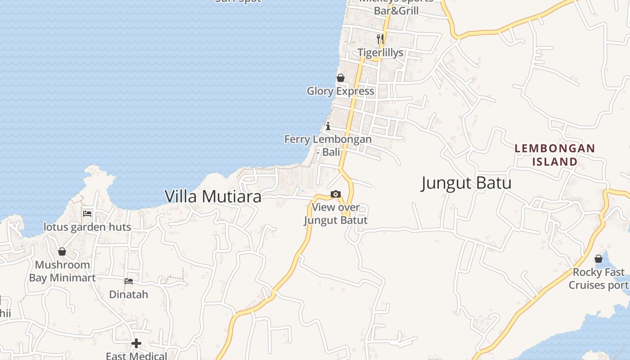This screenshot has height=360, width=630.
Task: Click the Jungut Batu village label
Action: click(466, 183)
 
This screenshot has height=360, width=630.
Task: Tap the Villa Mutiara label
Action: click(213, 197)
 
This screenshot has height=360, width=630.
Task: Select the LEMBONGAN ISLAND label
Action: click(554, 155)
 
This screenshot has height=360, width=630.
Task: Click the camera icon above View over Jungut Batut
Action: click(336, 194)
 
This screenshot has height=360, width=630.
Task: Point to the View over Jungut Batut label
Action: click(336, 214)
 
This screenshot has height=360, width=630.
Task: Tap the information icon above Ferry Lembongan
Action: click(328, 126)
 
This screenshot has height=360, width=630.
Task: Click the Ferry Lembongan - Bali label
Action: click(328, 145)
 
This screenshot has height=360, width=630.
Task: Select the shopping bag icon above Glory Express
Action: click(341, 78)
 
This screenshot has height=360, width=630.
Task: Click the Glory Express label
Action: click(340, 91)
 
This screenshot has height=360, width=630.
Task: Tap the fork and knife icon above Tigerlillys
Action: click(380, 39)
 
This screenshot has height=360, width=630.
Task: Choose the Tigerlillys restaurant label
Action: click(381, 53)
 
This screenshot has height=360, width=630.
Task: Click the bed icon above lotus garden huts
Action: click(87, 213)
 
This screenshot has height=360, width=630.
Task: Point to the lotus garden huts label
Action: click(87, 227)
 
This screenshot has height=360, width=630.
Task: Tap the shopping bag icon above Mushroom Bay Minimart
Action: click(62, 252)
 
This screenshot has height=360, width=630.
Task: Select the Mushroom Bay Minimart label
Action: click(62, 271)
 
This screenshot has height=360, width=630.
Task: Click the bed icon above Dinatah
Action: click(129, 281)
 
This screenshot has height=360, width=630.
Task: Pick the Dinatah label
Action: click(129, 295)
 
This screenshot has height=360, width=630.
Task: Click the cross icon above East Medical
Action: click(136, 344)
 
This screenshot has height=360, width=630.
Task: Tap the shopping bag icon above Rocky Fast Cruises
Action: click(598, 259)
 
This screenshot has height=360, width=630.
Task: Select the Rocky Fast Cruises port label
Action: click(598, 279)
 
